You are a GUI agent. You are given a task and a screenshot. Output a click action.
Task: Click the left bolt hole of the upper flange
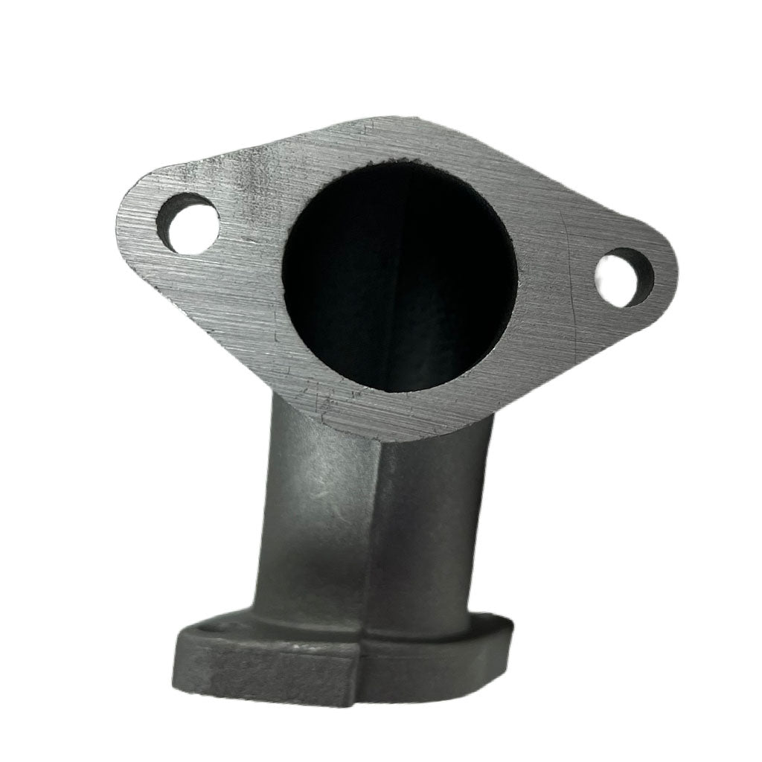click(190, 223)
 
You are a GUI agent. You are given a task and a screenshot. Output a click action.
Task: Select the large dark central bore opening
click(402, 275)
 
